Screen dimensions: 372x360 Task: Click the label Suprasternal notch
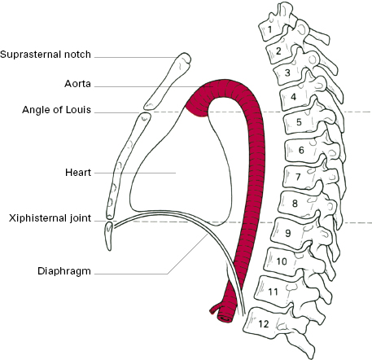[x=46, y=55]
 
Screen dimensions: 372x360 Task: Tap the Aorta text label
[x=77, y=84]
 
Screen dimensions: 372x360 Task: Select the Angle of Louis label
[x=56, y=110]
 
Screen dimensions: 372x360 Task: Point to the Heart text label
[x=78, y=173]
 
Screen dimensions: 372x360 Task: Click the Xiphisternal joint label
[x=50, y=218]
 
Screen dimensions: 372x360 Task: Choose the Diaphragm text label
[x=64, y=271]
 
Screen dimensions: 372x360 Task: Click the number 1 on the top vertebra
[x=269, y=29]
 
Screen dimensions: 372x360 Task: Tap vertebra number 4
[x=293, y=97]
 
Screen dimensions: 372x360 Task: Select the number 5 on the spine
[x=299, y=122]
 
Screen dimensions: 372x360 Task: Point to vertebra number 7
[x=298, y=177]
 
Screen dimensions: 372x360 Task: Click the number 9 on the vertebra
[x=288, y=233]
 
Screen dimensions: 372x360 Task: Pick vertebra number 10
[x=282, y=261]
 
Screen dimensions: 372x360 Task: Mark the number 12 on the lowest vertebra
[x=264, y=324]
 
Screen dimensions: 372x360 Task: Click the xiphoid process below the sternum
[x=109, y=235]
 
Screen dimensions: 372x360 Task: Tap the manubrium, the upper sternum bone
[x=168, y=81]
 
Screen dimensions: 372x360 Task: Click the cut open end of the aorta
[x=225, y=318]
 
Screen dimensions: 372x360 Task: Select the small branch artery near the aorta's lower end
[x=215, y=309]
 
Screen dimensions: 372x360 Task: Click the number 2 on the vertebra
[x=278, y=51]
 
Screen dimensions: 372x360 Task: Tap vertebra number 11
[x=273, y=292]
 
